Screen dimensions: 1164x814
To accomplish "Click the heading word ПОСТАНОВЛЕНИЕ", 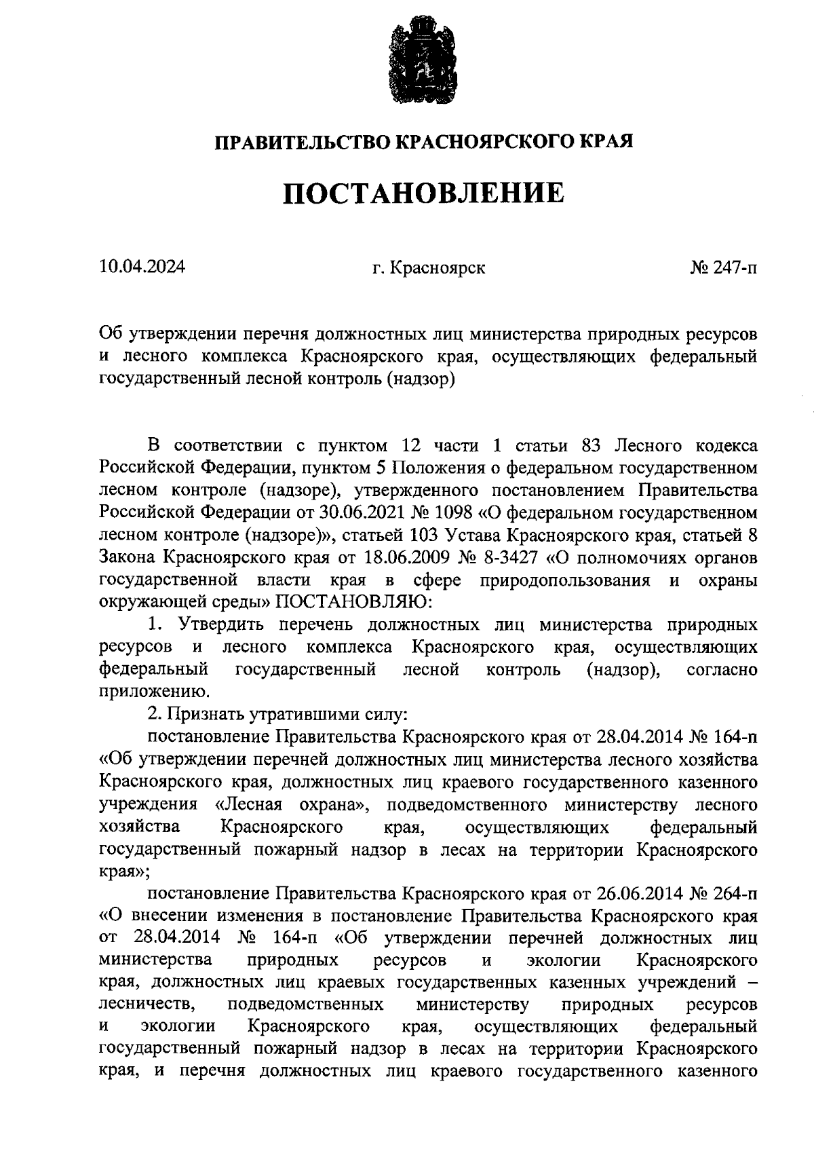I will (423, 193).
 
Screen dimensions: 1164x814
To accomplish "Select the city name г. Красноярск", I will (428, 268).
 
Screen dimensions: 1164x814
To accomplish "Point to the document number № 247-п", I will (724, 268).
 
